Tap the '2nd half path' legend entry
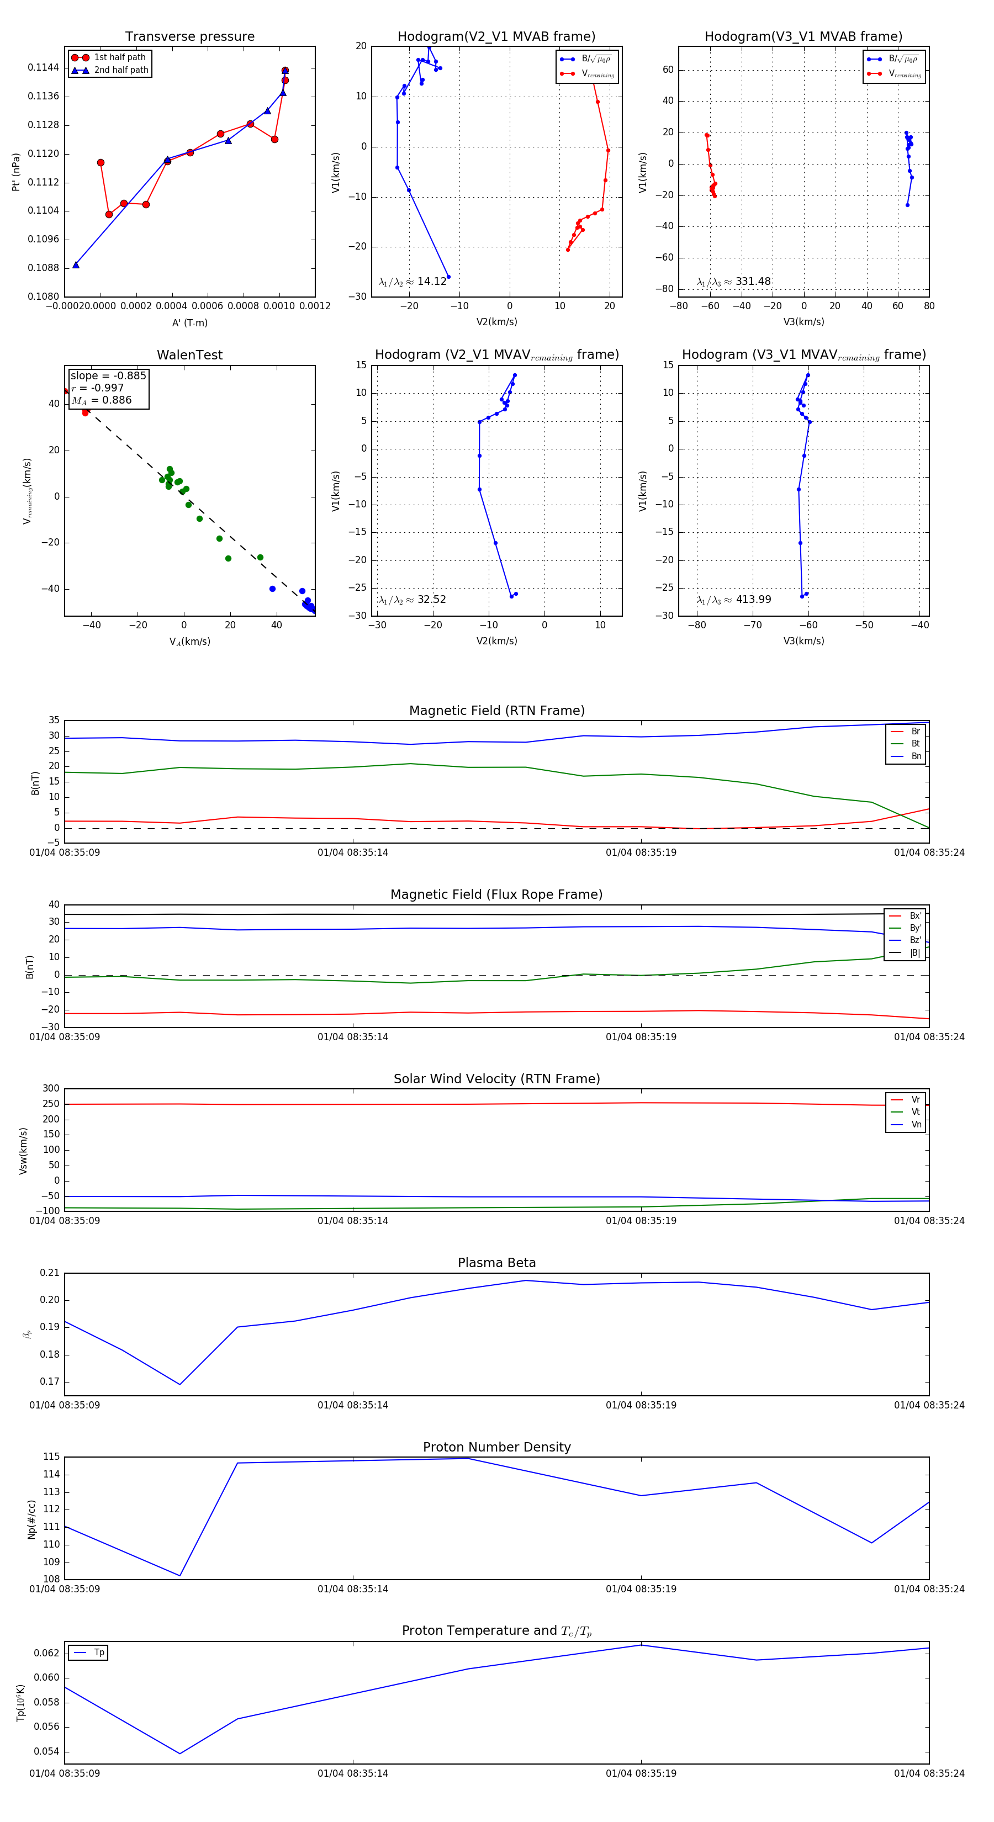(x=121, y=70)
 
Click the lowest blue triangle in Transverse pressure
(x=76, y=264)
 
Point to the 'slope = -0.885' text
(x=108, y=375)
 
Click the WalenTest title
(x=189, y=355)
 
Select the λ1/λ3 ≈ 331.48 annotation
(x=734, y=282)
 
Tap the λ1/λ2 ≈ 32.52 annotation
(x=412, y=600)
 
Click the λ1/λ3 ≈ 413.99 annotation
(x=734, y=600)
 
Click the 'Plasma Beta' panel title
(x=496, y=1263)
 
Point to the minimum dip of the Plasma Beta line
(x=179, y=1384)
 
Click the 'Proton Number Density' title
(x=496, y=1447)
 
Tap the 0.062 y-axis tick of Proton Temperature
(x=47, y=1653)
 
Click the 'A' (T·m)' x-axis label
(x=189, y=322)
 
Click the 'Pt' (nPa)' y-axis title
(x=15, y=172)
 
